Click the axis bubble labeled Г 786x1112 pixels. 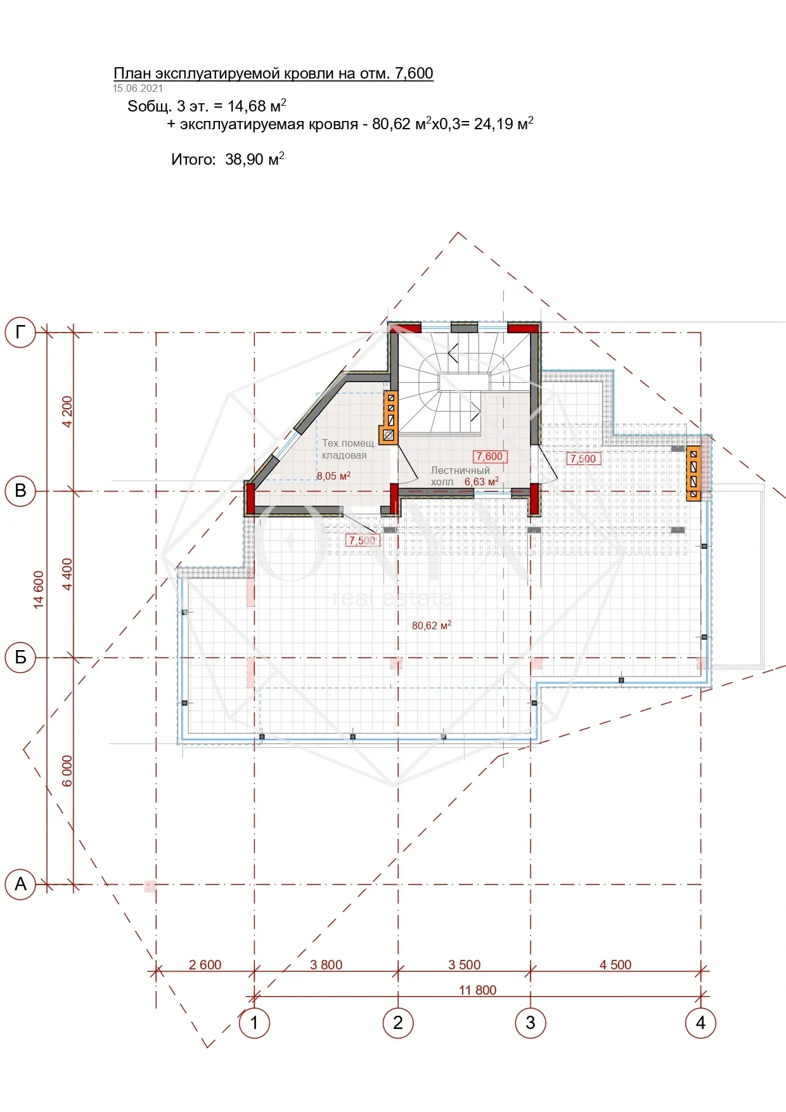coord(20,331)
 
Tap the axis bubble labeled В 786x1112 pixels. coord(20,491)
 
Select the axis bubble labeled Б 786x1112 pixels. coord(20,657)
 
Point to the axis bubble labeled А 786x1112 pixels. coord(20,884)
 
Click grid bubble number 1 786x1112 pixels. coord(254,1023)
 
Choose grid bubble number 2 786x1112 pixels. coord(398,1023)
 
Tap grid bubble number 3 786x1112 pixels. coord(531,1023)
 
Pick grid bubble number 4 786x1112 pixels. coord(700,1023)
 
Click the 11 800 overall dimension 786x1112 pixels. coord(477,990)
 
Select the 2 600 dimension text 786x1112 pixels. coord(205,964)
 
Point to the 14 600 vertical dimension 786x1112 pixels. coord(39,590)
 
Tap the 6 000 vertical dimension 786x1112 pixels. coord(67,770)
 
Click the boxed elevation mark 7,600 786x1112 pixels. coord(489,456)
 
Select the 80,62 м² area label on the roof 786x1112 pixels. coord(432,625)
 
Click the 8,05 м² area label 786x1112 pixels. coord(333,476)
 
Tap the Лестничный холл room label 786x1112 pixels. coord(460,476)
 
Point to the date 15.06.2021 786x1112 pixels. coord(138,89)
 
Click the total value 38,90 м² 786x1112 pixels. coord(255,159)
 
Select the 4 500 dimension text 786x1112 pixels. coord(615,964)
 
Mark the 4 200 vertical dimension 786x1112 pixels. coord(67,412)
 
